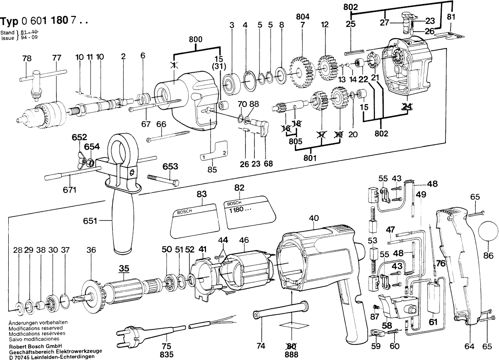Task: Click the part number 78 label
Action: (27, 58)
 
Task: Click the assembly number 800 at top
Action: (195, 40)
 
